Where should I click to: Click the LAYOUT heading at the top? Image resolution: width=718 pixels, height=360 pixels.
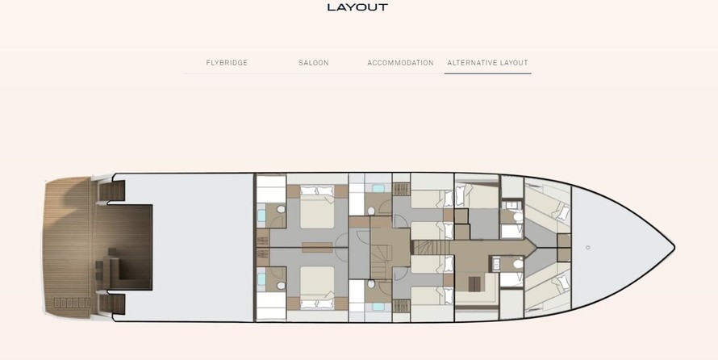click(x=357, y=7)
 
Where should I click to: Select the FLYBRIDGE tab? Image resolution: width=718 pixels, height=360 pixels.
click(x=227, y=63)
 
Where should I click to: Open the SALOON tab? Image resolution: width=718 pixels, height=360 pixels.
click(x=314, y=63)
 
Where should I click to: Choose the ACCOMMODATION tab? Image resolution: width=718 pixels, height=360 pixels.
click(x=400, y=63)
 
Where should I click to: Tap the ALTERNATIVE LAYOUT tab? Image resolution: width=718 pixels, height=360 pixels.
click(x=487, y=63)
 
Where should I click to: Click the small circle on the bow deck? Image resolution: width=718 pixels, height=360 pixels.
click(x=587, y=247)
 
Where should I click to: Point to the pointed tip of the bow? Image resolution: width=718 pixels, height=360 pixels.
click(x=674, y=247)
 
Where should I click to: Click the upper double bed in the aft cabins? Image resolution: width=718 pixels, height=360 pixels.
click(x=317, y=207)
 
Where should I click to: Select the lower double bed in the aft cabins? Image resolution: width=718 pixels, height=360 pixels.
click(x=317, y=287)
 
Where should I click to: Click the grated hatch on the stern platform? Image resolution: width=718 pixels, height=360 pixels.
click(x=72, y=303)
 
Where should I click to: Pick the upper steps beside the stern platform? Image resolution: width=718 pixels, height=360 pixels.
click(x=111, y=190)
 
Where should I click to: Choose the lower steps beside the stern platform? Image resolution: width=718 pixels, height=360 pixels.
click(x=111, y=304)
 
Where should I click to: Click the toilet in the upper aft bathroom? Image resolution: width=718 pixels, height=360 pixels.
click(x=281, y=209)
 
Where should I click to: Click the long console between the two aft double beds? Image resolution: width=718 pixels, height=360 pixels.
click(x=317, y=247)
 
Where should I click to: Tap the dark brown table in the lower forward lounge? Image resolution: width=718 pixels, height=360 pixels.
click(x=474, y=283)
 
